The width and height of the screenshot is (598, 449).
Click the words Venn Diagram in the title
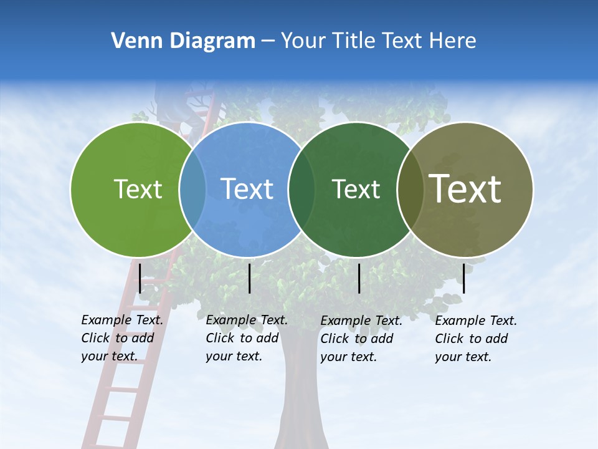click(183, 41)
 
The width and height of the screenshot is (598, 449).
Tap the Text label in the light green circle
click(138, 189)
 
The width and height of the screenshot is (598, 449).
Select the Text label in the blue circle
click(247, 189)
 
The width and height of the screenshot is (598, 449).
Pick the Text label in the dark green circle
click(356, 189)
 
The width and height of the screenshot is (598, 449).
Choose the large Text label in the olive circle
click(465, 189)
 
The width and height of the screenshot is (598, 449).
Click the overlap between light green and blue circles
click(192, 189)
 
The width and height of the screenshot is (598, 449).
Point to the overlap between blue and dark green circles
click(301, 189)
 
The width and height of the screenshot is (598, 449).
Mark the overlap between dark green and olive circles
click(410, 189)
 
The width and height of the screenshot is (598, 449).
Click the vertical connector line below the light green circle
click(140, 278)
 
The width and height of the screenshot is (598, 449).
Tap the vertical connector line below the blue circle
click(249, 278)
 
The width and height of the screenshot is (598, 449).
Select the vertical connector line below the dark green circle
click(359, 278)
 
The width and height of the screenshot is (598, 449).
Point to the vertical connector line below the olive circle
click(463, 278)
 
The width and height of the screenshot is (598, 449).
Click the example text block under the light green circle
click(121, 338)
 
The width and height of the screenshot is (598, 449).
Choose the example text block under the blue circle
click(246, 338)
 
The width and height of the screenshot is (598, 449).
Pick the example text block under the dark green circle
click(361, 339)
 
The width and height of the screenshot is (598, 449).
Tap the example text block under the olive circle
click(475, 339)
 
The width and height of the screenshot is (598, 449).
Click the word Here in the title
click(454, 41)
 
